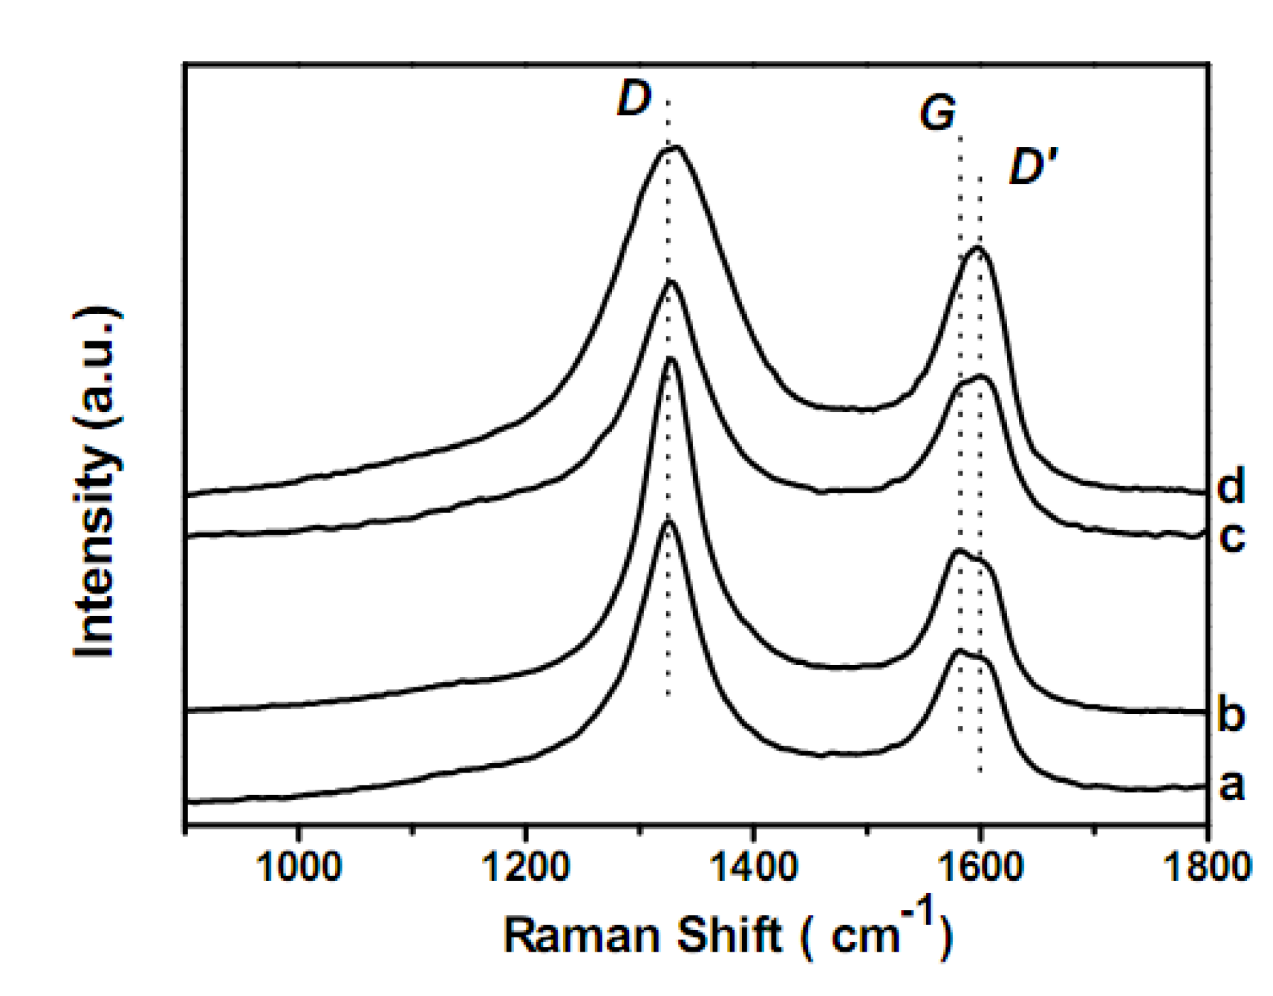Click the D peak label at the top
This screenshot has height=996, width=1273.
[634, 99]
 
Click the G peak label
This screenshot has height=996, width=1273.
[937, 112]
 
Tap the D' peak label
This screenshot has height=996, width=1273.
[1033, 167]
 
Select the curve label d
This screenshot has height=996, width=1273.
[1231, 486]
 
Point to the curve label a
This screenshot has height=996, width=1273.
[1231, 785]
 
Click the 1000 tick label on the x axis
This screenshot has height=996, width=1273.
[298, 867]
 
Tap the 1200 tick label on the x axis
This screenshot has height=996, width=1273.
[525, 867]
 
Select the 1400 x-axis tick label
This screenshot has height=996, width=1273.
[752, 867]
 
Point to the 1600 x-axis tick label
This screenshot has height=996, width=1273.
[980, 867]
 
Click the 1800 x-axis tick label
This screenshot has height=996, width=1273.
[1207, 867]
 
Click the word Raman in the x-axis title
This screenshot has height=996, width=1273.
[583, 935]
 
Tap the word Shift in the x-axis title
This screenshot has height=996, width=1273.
[728, 935]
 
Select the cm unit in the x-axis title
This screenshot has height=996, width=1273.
[865, 937]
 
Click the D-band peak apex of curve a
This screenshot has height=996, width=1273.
[668, 522]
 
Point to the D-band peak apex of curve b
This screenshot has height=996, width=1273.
[671, 358]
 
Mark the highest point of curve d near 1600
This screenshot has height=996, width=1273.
[978, 248]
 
